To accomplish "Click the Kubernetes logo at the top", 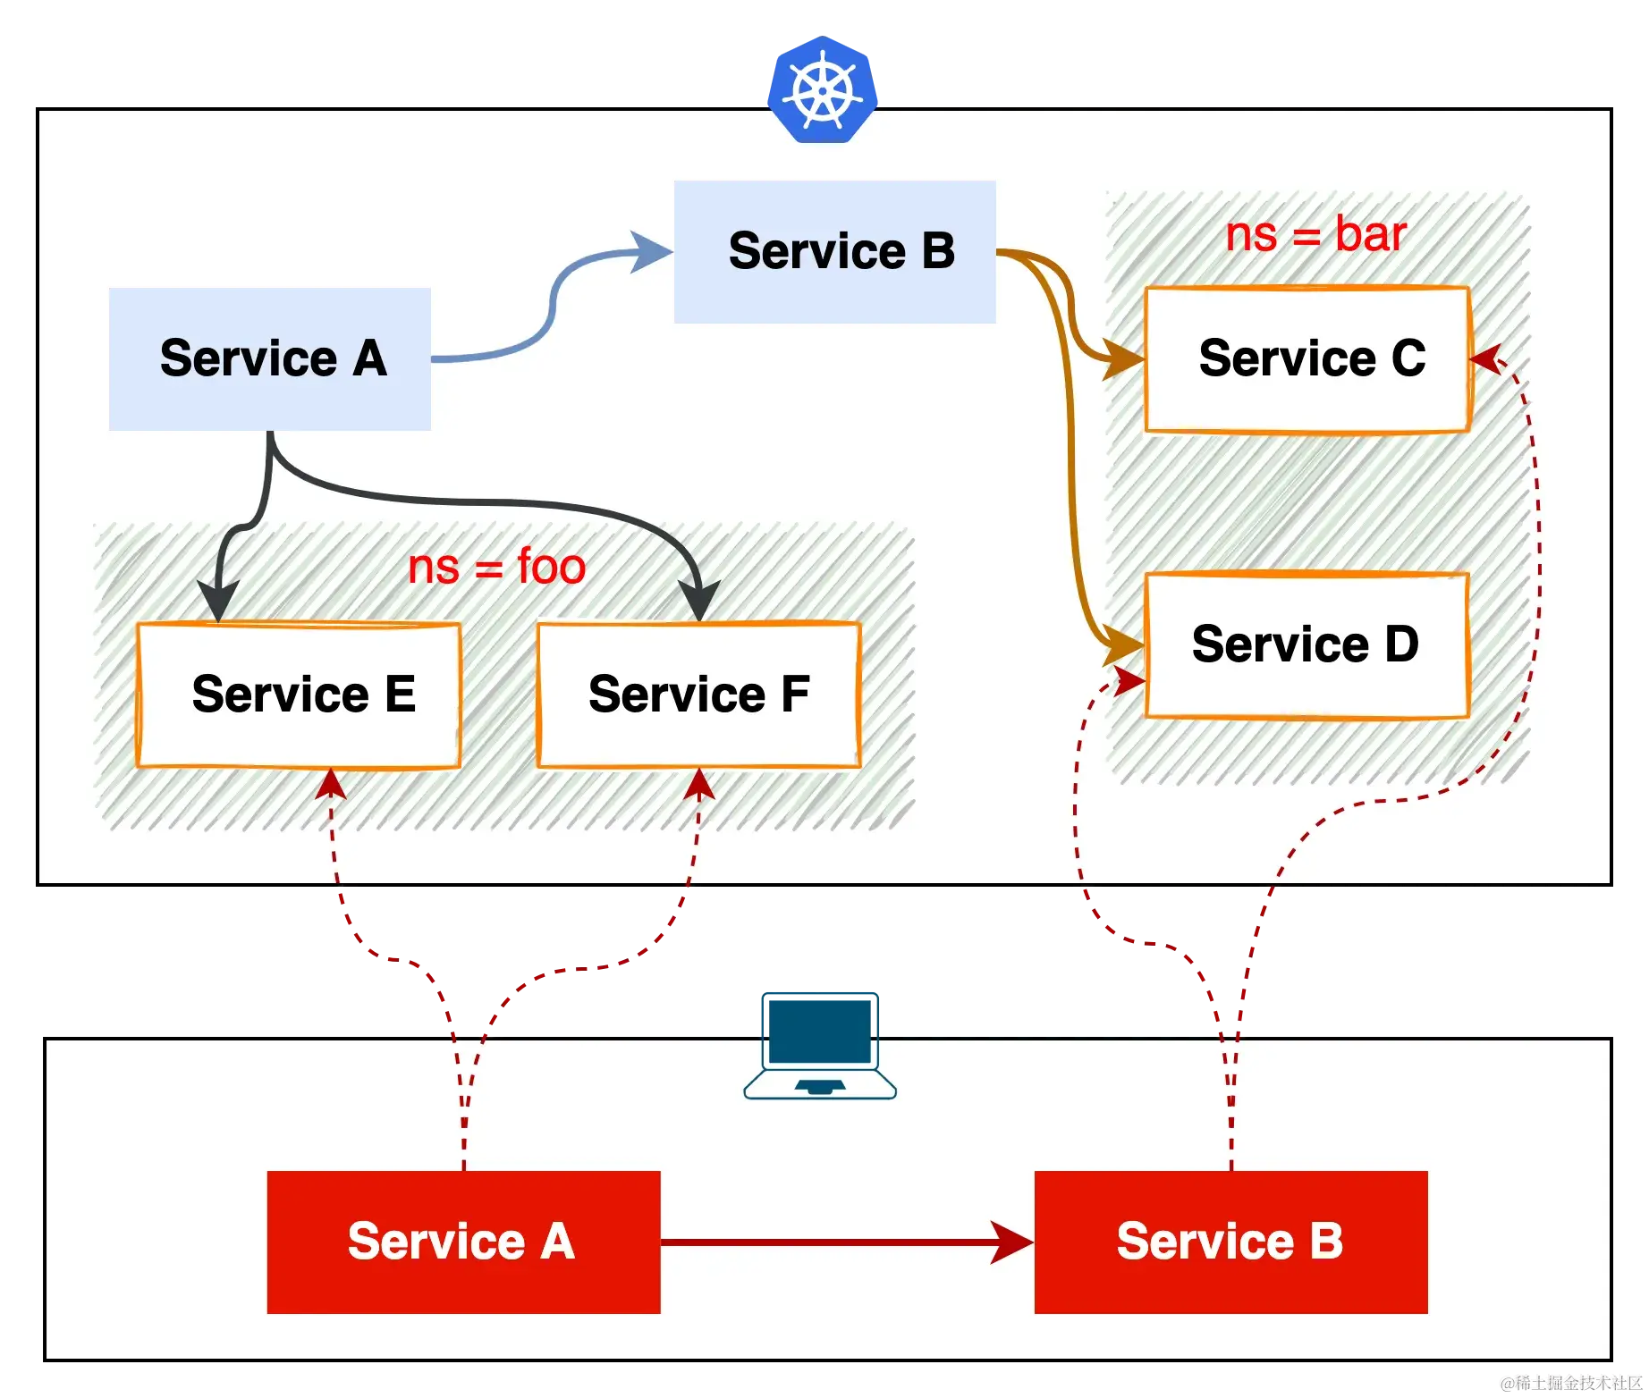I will (823, 89).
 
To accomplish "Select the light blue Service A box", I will (270, 358).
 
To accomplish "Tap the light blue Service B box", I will (834, 251).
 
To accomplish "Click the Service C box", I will (1307, 359).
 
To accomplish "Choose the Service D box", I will (1307, 644).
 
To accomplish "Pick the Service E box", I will (299, 695).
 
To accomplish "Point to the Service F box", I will (698, 695).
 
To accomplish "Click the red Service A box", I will (463, 1242).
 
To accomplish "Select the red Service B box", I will (1230, 1242).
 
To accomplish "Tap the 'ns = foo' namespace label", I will (496, 567).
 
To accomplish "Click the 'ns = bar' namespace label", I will (1315, 234).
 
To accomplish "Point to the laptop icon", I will (820, 1044).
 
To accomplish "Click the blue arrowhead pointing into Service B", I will (651, 251).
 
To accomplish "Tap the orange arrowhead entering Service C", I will (1123, 359).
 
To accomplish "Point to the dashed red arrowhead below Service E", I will (331, 784).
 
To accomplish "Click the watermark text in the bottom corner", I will (1569, 1382).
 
